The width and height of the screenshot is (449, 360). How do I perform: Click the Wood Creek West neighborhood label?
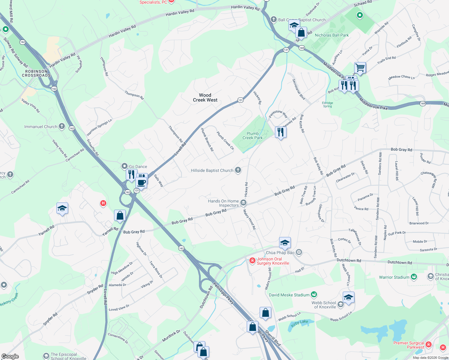pyautogui.click(x=205, y=97)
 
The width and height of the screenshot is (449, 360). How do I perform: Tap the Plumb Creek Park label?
pyautogui.click(x=252, y=136)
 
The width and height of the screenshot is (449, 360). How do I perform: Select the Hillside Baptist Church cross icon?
pyautogui.click(x=238, y=170)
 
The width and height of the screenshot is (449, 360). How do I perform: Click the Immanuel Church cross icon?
pyautogui.click(x=62, y=126)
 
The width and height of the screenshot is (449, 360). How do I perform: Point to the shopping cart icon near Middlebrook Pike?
pyautogui.click(x=360, y=67)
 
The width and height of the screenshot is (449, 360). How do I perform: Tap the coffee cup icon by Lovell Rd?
pyautogui.click(x=141, y=182)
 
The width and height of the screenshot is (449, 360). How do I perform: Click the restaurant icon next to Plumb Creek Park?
pyautogui.click(x=281, y=132)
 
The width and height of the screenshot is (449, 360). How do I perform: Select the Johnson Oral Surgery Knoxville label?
pyautogui.click(x=273, y=261)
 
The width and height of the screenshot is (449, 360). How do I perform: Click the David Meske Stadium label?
pyautogui.click(x=289, y=295)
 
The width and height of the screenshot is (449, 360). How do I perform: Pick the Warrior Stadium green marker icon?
pyautogui.click(x=414, y=277)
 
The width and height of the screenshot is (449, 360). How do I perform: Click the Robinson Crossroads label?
pyautogui.click(x=36, y=73)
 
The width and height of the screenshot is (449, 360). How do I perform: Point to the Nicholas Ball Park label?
pyautogui.click(x=332, y=35)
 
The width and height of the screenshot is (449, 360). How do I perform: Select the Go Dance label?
pyautogui.click(x=138, y=166)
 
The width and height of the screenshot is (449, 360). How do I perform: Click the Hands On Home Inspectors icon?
pyautogui.click(x=243, y=203)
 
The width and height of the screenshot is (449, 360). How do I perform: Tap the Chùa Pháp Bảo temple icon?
pyautogui.click(x=299, y=252)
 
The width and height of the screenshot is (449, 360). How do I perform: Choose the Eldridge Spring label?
pyautogui.click(x=327, y=104)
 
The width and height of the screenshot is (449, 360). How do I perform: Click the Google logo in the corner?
pyautogui.click(x=10, y=356)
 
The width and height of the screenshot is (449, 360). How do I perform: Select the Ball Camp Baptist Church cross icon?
pyautogui.click(x=273, y=19)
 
